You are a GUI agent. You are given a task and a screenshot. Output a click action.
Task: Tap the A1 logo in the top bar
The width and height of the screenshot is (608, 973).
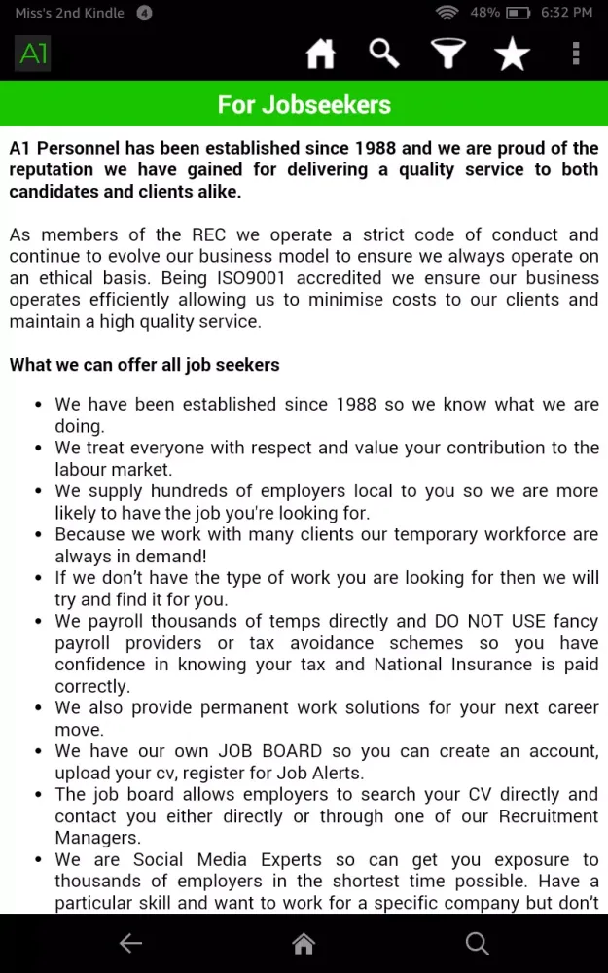[33, 54]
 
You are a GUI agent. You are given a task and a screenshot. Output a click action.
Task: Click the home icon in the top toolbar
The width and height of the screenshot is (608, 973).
[320, 54]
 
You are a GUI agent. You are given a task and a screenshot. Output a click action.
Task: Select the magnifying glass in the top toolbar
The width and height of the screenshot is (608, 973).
[384, 54]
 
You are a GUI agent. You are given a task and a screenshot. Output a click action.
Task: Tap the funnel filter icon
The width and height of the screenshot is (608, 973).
[448, 54]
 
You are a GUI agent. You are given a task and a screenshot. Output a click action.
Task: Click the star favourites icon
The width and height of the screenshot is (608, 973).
[512, 54]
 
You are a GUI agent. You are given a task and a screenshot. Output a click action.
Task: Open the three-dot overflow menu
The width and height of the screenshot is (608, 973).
[576, 54]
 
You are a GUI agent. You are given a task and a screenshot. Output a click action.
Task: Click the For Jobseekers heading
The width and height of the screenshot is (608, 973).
[304, 104]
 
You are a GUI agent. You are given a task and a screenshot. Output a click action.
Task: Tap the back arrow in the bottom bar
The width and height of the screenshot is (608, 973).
[130, 943]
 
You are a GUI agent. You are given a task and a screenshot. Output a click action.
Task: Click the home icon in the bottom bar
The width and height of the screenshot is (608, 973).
[304, 943]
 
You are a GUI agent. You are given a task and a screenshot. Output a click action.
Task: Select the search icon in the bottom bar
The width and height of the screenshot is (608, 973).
[477, 943]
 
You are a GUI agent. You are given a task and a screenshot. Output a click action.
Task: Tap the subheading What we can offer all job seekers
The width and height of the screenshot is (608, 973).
[144, 365]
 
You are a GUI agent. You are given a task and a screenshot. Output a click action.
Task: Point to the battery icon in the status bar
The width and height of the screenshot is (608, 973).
[519, 13]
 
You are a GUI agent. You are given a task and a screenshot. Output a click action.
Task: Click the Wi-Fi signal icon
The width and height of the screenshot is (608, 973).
[447, 13]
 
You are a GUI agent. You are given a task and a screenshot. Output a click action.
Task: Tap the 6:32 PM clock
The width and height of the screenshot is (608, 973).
[567, 13]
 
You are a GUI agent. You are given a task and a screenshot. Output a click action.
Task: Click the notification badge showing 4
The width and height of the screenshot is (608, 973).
[144, 13]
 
